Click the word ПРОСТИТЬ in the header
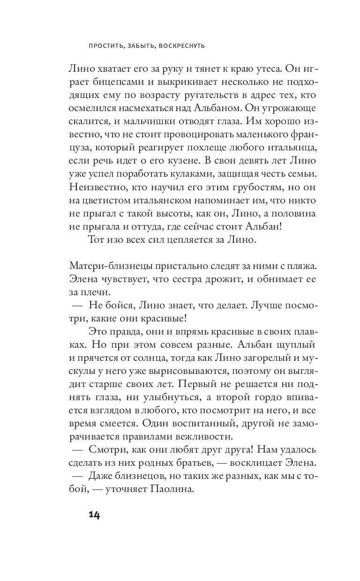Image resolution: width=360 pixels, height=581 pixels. tap(105, 46)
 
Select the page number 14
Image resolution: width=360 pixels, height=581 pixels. tap(94, 515)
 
